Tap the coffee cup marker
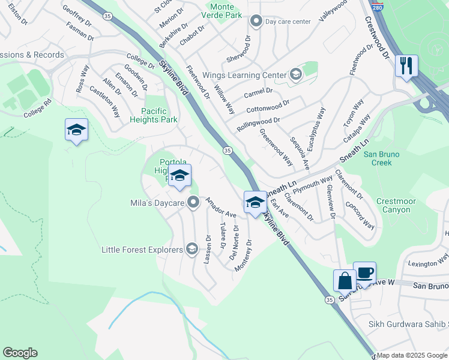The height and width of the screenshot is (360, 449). (364, 272)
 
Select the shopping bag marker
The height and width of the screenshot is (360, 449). (345, 280)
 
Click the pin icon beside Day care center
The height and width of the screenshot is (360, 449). (256, 22)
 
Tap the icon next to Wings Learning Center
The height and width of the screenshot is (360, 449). (295, 75)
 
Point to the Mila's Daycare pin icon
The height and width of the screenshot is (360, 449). (193, 203)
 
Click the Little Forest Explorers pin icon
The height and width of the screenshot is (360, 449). (191, 250)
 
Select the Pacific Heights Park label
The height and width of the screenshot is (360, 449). (160, 115)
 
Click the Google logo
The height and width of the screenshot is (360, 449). (20, 353)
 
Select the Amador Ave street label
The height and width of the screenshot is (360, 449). (220, 207)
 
